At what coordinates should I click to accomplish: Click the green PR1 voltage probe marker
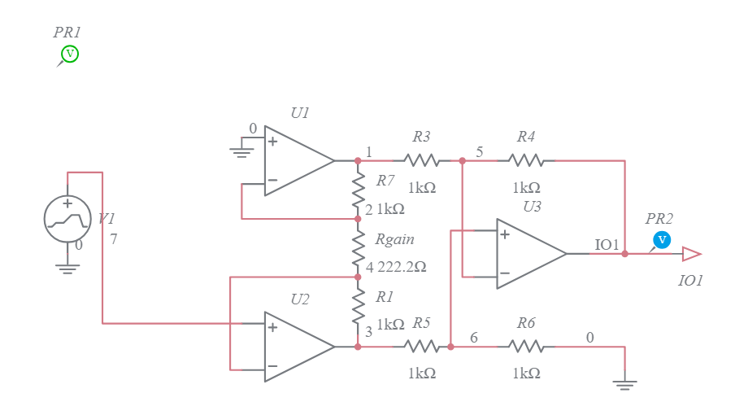[x=70, y=55]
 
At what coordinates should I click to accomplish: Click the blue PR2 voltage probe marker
[x=662, y=239]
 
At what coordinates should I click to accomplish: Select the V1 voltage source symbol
[x=67, y=218]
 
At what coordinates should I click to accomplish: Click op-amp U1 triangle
[x=298, y=161]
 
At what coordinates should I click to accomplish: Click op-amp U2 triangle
[x=298, y=347]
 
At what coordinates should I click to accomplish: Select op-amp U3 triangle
[x=530, y=254]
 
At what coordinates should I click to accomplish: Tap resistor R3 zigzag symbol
[x=421, y=161]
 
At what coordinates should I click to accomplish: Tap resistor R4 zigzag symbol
[x=526, y=161]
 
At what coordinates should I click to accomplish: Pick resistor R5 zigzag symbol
[x=421, y=347]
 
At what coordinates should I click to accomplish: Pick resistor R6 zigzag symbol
[x=526, y=347]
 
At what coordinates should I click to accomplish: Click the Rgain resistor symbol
[x=358, y=248]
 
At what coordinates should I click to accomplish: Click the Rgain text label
[x=394, y=240]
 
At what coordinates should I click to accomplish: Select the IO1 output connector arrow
[x=691, y=254]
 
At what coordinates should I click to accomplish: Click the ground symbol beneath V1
[x=67, y=269]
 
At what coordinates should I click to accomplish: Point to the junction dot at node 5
[x=462, y=161]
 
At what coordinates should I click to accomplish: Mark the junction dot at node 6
[x=450, y=347]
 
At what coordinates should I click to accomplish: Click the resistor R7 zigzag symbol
[x=358, y=190]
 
